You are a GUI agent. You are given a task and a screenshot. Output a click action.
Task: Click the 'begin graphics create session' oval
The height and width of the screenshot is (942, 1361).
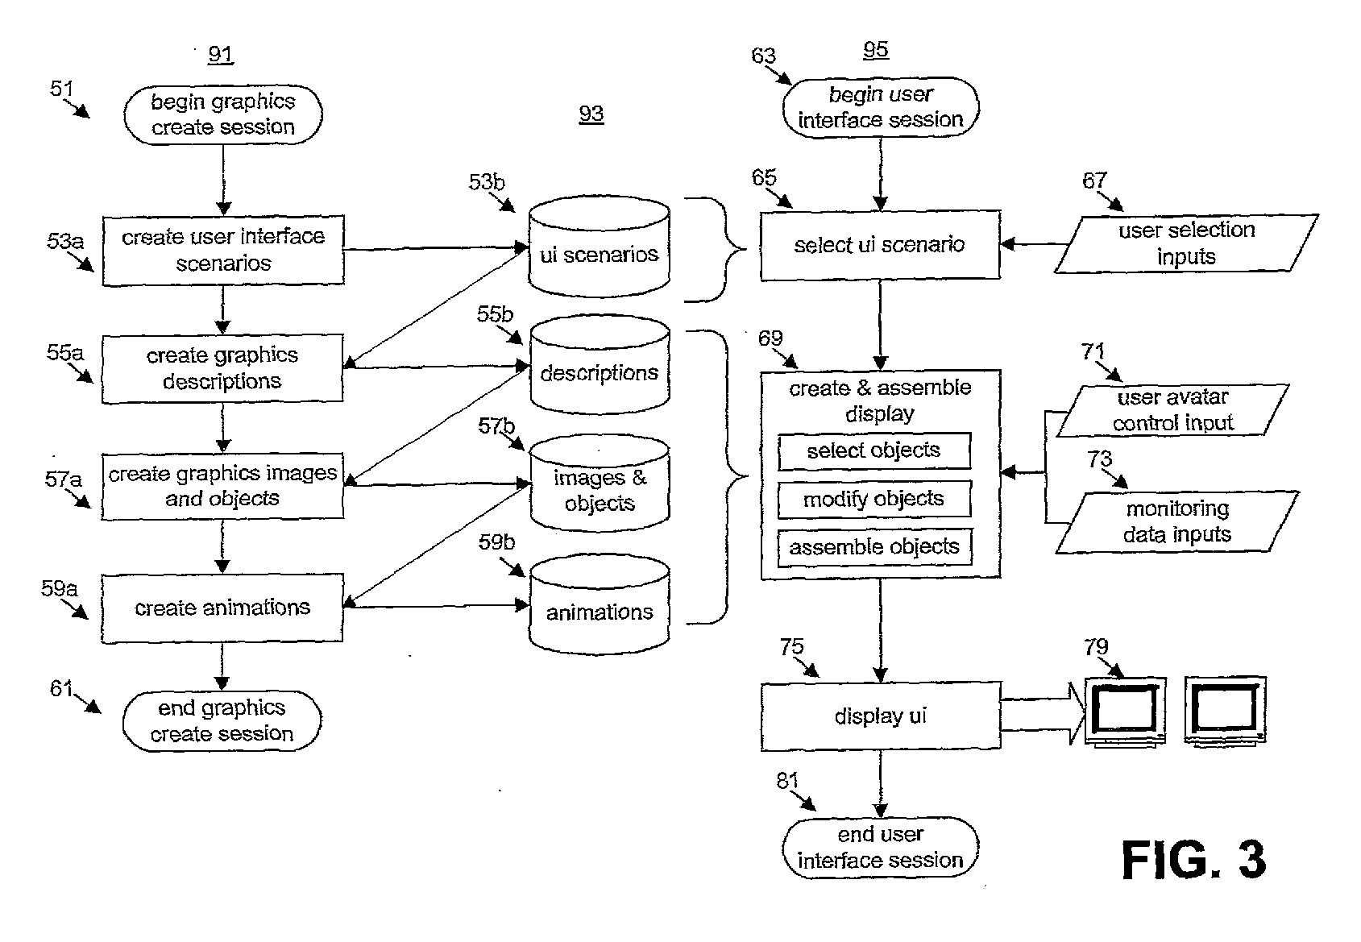[x=223, y=114]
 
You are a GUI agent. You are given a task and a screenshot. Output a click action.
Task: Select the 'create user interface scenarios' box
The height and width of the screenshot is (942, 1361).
[x=223, y=250]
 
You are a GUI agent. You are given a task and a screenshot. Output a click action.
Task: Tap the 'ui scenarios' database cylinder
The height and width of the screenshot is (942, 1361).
[x=599, y=247]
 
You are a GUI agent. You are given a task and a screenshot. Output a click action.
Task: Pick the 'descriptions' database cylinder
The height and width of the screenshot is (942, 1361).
[x=600, y=365]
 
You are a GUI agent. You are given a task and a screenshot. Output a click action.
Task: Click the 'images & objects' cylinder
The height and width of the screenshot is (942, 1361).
[x=600, y=483]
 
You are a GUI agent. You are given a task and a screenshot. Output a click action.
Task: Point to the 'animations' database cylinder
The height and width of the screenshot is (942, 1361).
[x=599, y=604]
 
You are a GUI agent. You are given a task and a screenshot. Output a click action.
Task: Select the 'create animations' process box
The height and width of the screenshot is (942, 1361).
[x=222, y=608]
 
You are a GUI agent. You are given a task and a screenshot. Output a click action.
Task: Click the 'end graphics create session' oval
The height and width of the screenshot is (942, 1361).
[x=222, y=720]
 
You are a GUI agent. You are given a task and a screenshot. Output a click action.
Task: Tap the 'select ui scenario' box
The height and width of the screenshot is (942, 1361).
[x=880, y=245]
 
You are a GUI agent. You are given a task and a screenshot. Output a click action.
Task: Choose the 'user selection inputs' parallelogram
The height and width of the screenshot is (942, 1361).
[x=1186, y=243]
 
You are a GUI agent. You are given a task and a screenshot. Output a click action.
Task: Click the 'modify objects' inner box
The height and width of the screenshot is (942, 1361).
[x=874, y=499]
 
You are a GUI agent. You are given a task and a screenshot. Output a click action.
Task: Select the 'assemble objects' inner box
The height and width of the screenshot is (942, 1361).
[x=874, y=547]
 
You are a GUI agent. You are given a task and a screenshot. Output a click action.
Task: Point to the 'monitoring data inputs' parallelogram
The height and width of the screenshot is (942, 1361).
[x=1177, y=521]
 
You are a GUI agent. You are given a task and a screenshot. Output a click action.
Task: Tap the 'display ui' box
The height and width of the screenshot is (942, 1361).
[x=881, y=716]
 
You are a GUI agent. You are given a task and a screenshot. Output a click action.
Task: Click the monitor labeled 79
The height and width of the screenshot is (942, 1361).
[x=1125, y=712]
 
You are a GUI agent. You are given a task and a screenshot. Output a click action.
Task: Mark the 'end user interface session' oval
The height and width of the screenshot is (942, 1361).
[x=881, y=847]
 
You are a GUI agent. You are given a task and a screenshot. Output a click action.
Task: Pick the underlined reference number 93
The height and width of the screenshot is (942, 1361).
[x=591, y=114]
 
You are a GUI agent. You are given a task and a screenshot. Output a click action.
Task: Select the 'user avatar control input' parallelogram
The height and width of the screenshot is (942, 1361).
[x=1172, y=410]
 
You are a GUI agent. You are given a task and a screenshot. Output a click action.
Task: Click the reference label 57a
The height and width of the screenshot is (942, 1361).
[x=63, y=479]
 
